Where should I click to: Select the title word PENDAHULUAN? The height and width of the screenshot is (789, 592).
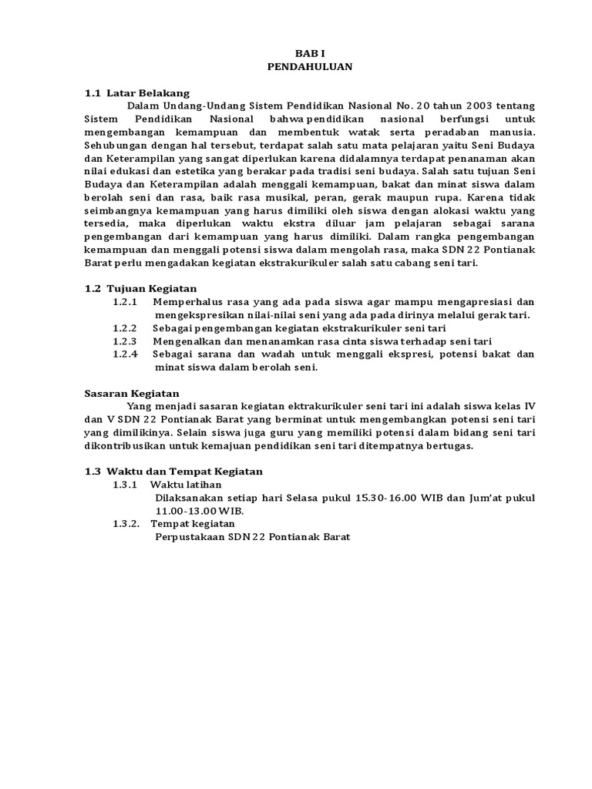pos(310,67)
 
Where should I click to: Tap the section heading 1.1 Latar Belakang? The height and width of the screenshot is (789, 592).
pos(136,92)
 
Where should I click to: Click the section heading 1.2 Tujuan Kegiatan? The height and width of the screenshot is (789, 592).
pos(141,288)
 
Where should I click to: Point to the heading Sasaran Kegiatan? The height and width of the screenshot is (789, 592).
pos(131,393)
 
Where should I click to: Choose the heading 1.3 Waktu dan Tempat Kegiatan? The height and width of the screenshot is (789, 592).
pos(173,471)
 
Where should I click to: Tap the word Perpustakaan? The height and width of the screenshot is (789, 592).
pos(190,537)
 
